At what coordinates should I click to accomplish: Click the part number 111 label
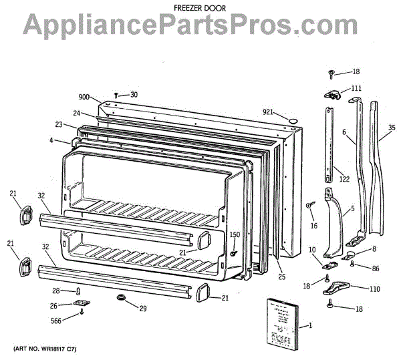[356, 88]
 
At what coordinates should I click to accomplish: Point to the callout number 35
[392, 128]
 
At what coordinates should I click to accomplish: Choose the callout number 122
[344, 178]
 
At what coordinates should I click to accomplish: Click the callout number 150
[235, 234]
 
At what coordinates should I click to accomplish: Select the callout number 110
[374, 289]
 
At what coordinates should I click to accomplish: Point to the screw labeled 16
[310, 205]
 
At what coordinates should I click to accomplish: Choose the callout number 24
[77, 113]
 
